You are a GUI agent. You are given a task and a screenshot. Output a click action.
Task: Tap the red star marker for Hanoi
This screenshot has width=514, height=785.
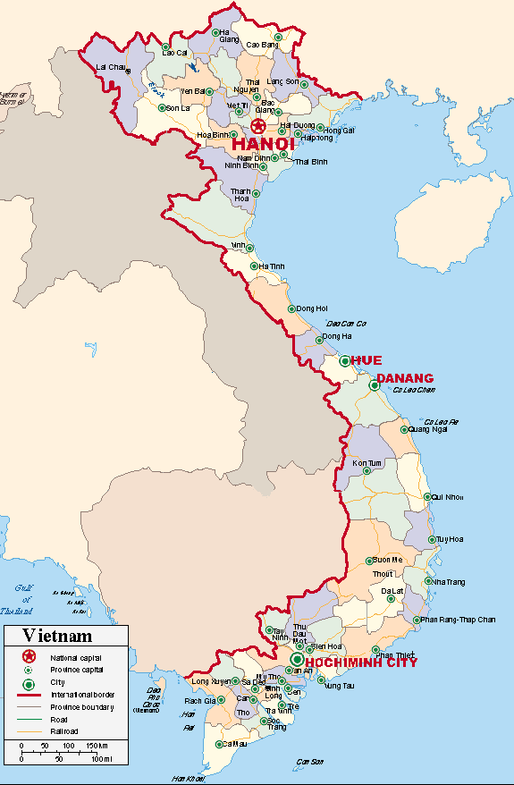point(258,126)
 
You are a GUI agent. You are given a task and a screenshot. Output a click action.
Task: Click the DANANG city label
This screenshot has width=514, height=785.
point(404,378)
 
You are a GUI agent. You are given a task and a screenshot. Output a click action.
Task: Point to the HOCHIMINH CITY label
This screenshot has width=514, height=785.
point(361,663)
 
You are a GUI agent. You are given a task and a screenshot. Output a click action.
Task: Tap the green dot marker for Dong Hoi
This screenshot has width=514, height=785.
point(291,309)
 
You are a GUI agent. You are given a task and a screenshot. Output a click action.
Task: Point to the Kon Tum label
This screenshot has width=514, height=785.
point(367,463)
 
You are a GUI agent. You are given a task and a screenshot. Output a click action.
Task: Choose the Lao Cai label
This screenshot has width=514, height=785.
point(174,53)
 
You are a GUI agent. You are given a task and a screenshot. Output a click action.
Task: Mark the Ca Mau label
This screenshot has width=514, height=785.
point(234,743)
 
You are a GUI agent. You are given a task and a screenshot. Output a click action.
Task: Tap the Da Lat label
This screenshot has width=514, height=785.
point(392,591)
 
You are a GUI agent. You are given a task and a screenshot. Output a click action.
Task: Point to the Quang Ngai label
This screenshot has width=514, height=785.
point(427,429)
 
